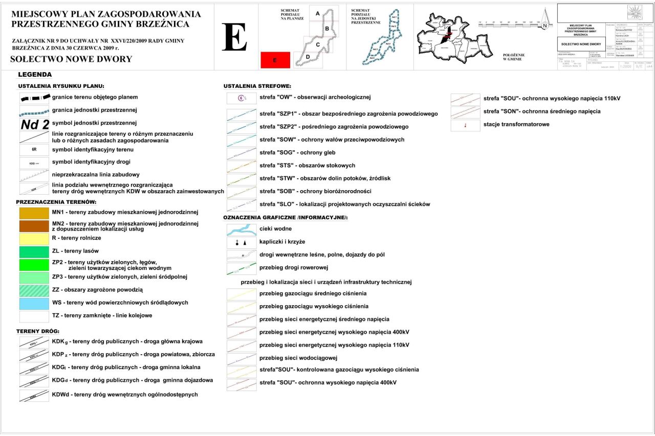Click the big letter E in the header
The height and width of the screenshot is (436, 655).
234,37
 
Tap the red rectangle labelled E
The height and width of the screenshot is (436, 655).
275,60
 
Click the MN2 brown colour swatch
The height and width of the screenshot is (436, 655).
34,225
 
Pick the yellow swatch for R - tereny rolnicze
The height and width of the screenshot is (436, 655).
34,238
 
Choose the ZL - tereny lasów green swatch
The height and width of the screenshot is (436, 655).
34,251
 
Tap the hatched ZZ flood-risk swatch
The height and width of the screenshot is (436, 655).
34,290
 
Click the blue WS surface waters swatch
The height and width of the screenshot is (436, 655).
34,303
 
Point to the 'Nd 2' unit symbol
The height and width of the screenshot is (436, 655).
35,124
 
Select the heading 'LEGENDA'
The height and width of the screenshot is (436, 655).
35,75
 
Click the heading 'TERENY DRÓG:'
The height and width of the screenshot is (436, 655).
38,331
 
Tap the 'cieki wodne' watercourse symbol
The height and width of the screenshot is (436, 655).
242,230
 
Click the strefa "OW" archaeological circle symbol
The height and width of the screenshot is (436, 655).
242,98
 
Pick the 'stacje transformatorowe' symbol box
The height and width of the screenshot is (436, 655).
465,125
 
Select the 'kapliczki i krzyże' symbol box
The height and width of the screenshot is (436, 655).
242,242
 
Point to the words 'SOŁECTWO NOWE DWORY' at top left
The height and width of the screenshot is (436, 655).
71,59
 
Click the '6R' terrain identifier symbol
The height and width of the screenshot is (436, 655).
34,150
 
